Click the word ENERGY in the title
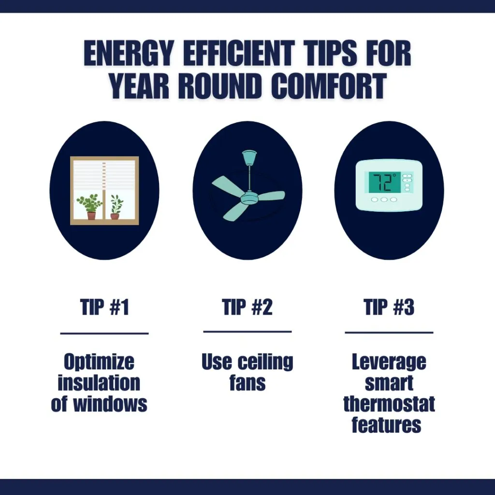pos(129,53)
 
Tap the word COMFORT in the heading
pos(329,86)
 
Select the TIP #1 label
pos(104,307)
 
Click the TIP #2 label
pos(247,307)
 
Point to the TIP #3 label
pos(389,307)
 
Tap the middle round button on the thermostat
pos(384,200)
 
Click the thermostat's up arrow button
pos(407,175)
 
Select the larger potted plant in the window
pos(90,206)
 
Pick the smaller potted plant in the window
pos(116,207)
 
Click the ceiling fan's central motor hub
pos(249,198)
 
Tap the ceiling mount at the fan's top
pos(249,157)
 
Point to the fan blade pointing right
pos(271,196)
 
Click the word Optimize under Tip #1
pos(99,363)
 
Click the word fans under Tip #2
pos(247,383)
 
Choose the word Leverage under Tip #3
pos(389,363)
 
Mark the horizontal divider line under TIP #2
pos(247,332)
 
